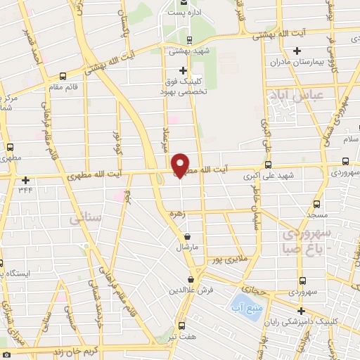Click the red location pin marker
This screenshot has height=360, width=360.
[181, 164]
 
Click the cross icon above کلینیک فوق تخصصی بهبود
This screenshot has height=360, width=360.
[183, 70]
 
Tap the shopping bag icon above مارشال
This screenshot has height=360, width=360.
[186, 237]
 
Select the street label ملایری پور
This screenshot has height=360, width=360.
[231, 259]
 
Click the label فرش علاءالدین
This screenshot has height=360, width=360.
[190, 289]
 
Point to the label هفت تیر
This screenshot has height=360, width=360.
[182, 337]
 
